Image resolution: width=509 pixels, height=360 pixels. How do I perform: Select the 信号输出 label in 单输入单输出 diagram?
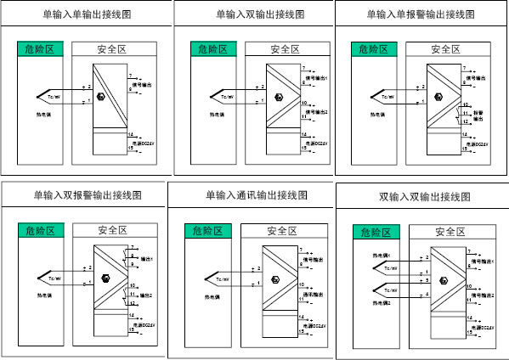point(144,84)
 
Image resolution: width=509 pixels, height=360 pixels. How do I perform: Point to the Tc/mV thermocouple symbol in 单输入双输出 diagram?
point(224,96)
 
